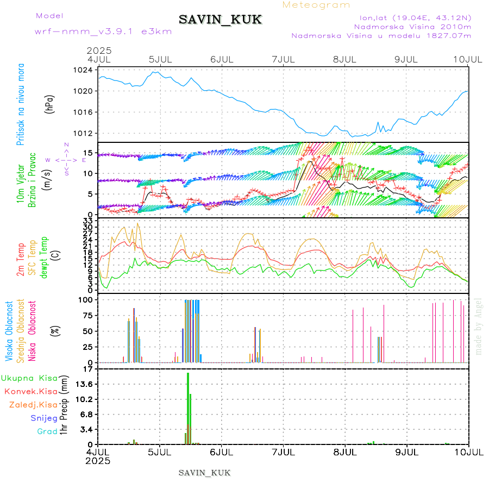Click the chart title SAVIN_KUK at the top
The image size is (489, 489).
click(220, 20)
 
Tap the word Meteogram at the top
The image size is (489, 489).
click(316, 5)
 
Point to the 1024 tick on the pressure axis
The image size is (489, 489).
click(84, 70)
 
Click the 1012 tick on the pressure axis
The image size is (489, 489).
click(84, 133)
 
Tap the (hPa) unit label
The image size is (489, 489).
click(50, 104)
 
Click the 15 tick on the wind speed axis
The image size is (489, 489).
click(88, 152)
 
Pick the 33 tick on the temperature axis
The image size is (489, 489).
click(88, 221)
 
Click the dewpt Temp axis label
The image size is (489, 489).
click(43, 255)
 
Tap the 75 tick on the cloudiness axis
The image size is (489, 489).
click(87, 315)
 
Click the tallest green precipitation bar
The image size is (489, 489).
click(188, 407)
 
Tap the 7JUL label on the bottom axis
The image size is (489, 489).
click(283, 452)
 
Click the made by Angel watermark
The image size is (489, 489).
click(478, 326)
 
